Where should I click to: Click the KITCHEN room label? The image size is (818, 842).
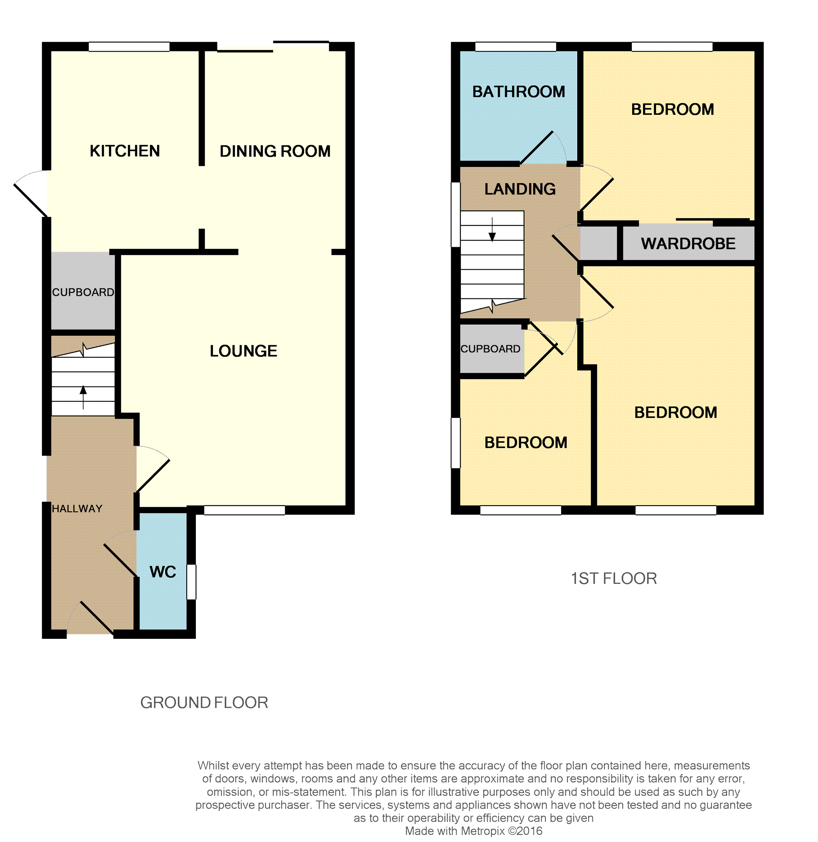tap(124, 151)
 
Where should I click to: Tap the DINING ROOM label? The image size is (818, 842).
tap(275, 151)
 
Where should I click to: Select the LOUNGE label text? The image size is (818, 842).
tap(243, 351)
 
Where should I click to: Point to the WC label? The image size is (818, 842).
tap(163, 572)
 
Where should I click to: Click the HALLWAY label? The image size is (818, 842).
tap(77, 509)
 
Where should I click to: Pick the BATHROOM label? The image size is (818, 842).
tap(519, 92)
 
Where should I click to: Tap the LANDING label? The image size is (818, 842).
tap(520, 189)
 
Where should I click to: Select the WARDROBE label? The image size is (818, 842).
tap(688, 244)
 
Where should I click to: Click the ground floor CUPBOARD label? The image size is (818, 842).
tap(83, 292)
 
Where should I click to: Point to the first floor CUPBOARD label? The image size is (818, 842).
tap(490, 349)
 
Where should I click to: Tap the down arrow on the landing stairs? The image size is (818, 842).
tap(492, 229)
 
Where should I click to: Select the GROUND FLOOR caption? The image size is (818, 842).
tap(204, 703)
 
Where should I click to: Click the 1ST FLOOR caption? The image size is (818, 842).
tap(614, 579)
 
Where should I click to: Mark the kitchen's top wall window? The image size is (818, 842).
tap(129, 46)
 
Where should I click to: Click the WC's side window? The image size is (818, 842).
tap(191, 582)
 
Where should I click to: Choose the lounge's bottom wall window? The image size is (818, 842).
tap(244, 510)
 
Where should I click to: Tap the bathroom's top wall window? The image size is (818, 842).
tap(515, 46)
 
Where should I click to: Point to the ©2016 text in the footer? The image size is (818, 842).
tap(525, 831)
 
